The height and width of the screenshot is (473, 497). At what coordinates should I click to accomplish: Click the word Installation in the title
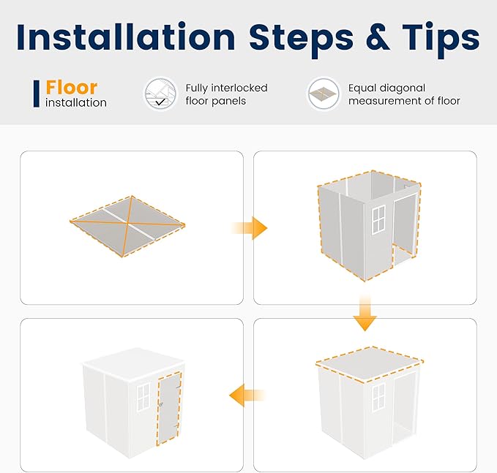(126, 37)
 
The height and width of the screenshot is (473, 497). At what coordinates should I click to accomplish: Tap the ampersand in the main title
(378, 37)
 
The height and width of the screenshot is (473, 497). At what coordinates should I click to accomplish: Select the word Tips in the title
(441, 40)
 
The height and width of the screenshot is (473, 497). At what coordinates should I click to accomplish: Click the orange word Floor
(71, 88)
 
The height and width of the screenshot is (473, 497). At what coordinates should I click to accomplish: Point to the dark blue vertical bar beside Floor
(37, 94)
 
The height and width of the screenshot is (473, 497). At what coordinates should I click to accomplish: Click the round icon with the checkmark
(160, 94)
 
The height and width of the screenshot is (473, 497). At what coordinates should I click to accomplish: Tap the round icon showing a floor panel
(324, 94)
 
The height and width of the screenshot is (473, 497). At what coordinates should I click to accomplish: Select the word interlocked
(239, 88)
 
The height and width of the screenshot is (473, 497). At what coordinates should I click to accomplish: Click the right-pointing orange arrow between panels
(250, 228)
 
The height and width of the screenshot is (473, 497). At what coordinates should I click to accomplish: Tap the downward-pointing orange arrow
(365, 314)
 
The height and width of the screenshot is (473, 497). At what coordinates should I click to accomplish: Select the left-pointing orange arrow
(247, 395)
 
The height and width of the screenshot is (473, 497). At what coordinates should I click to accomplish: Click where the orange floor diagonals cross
(127, 224)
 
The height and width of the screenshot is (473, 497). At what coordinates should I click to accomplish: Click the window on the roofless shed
(378, 220)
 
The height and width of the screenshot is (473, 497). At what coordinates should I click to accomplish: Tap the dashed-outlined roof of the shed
(370, 364)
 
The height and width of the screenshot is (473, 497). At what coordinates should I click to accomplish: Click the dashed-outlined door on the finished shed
(169, 409)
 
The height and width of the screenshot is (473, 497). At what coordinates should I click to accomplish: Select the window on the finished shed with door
(143, 397)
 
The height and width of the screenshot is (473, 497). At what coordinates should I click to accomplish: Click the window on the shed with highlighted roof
(378, 397)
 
